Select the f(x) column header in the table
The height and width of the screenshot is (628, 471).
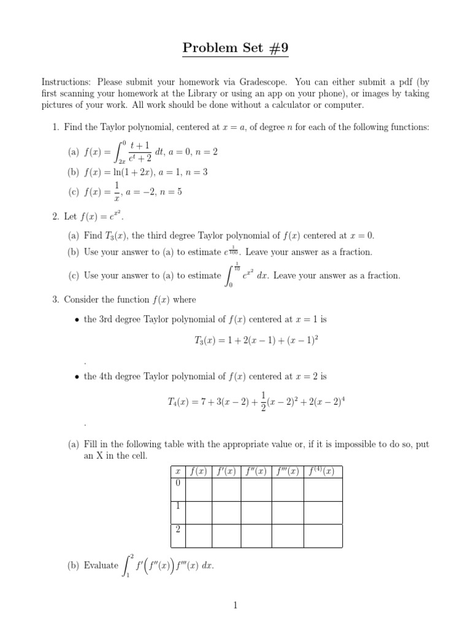pos(198,472)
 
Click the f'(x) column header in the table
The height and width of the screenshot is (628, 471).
pos(226,472)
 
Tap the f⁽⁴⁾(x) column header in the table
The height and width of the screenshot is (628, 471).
pos(323,472)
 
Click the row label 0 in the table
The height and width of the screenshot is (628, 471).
pos(177,483)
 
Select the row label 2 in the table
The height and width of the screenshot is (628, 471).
pos(177,529)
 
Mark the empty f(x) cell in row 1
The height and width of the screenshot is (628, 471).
pos(198,513)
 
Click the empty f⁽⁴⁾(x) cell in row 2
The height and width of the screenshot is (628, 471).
pos(323,535)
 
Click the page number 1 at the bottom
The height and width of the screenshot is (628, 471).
pos(235,605)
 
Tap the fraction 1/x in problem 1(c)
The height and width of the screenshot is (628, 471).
pos(110,192)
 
